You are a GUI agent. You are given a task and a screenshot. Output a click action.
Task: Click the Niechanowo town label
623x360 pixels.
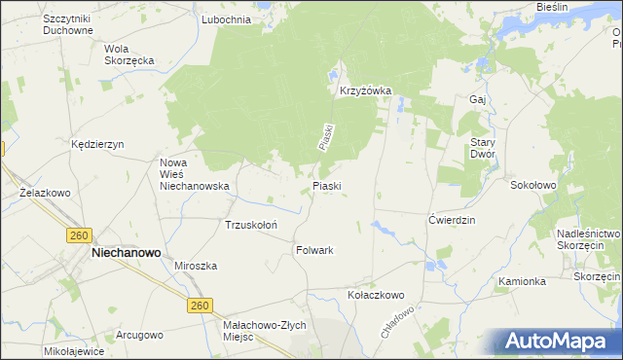pyautogui.click(x=126, y=251)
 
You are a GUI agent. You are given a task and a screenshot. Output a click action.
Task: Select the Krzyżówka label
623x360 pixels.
pyautogui.click(x=365, y=91)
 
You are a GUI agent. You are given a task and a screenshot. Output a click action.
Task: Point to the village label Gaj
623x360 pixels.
pyautogui.click(x=477, y=99)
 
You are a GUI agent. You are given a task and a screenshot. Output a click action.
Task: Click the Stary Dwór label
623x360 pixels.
pyautogui.click(x=483, y=147)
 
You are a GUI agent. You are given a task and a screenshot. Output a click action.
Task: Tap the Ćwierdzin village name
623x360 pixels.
pyautogui.click(x=452, y=220)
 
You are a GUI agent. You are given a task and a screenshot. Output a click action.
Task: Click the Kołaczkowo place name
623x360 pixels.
pyautogui.click(x=376, y=294)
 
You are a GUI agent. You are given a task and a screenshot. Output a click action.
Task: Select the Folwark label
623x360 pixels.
pyautogui.click(x=314, y=250)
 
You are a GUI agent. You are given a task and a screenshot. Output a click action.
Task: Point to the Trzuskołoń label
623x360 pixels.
pyautogui.click(x=252, y=225)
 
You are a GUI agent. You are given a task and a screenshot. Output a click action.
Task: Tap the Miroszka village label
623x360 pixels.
pyautogui.click(x=195, y=266)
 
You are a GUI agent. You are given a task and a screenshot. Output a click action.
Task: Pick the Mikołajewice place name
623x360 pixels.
pyautogui.click(x=74, y=349)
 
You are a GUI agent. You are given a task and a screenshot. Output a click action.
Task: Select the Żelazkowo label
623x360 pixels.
pyautogui.click(x=46, y=193)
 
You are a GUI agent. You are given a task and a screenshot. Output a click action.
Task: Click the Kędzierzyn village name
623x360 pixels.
pyautogui.click(x=98, y=144)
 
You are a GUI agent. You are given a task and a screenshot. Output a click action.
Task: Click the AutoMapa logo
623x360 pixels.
pyautogui.click(x=558, y=341)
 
